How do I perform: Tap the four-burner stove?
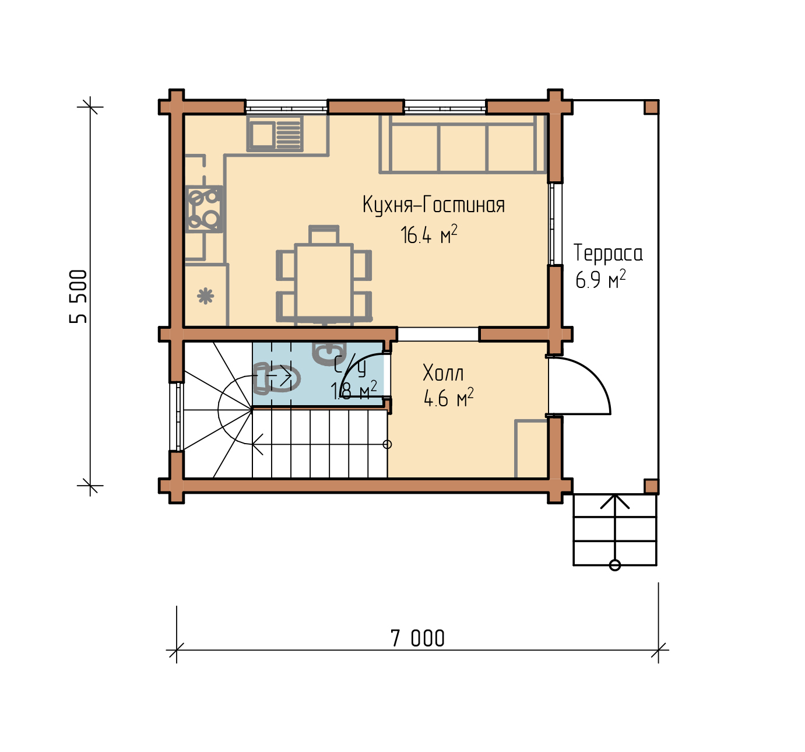point(204,209)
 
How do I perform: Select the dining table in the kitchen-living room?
point(324,282)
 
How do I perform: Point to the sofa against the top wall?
point(463,145)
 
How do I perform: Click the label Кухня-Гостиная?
point(434,205)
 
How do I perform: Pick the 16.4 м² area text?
point(429,234)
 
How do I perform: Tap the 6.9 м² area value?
point(600,279)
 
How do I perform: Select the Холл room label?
point(443,373)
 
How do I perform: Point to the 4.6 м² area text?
point(448,398)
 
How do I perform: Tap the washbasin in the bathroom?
point(329,353)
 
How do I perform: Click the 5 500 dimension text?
point(78,296)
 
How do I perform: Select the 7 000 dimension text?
point(417,639)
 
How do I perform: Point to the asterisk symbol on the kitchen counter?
point(206,296)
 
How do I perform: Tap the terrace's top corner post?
point(651,107)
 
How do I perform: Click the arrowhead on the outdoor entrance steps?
point(615,501)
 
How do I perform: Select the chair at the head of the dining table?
point(324,235)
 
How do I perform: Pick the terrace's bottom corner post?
point(651,487)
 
